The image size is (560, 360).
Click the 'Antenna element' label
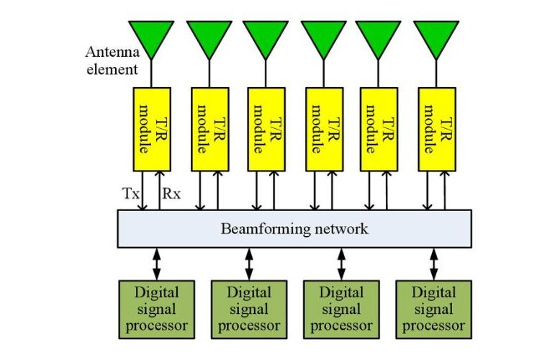[112, 60]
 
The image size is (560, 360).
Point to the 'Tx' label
[131, 194]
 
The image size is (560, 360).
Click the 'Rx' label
[171, 194]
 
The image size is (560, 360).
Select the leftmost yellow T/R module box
[152, 130]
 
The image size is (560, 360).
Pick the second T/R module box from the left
[209, 130]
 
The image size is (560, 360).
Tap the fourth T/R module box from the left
[325, 130]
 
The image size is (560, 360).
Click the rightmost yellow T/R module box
[437, 130]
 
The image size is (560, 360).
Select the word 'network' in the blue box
[341, 229]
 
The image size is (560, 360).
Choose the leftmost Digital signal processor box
[156, 310]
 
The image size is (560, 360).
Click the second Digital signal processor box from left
[249, 310]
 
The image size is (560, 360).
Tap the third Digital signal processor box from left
[341, 310]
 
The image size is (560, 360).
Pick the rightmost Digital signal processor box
[433, 310]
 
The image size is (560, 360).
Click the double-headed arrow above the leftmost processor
[157, 264]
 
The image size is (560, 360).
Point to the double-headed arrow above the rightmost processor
[434, 264]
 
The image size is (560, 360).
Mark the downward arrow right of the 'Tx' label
[143, 191]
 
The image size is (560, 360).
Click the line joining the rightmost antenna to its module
[436, 73]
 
